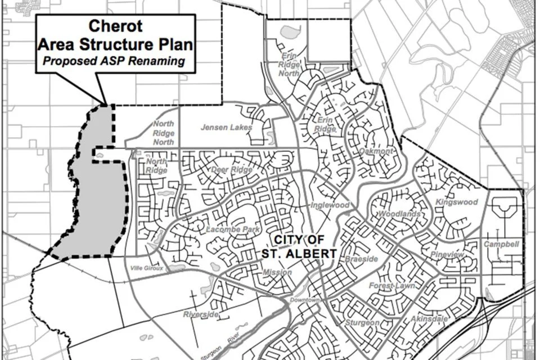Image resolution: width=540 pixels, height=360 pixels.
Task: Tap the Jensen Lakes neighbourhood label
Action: (226, 128)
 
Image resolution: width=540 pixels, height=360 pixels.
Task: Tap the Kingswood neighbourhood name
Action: (457, 202)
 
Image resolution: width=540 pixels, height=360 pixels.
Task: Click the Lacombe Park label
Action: (216, 229)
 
